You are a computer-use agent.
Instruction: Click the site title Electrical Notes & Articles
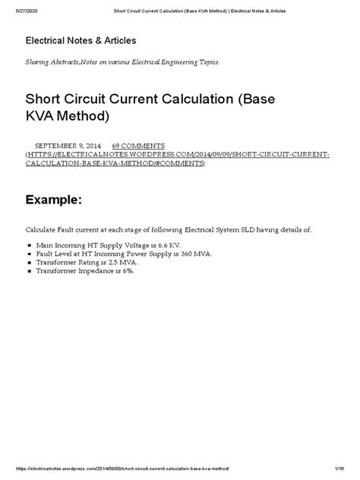tap(81, 39)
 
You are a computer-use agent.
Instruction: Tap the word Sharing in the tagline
tap(39, 62)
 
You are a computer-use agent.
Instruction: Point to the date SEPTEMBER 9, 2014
tap(68, 144)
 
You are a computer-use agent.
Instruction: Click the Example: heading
tap(54, 200)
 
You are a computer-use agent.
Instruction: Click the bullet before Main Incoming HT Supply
tap(28, 245)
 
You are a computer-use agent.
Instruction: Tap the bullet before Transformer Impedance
tap(28, 270)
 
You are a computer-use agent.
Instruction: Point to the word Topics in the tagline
tap(205, 62)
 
